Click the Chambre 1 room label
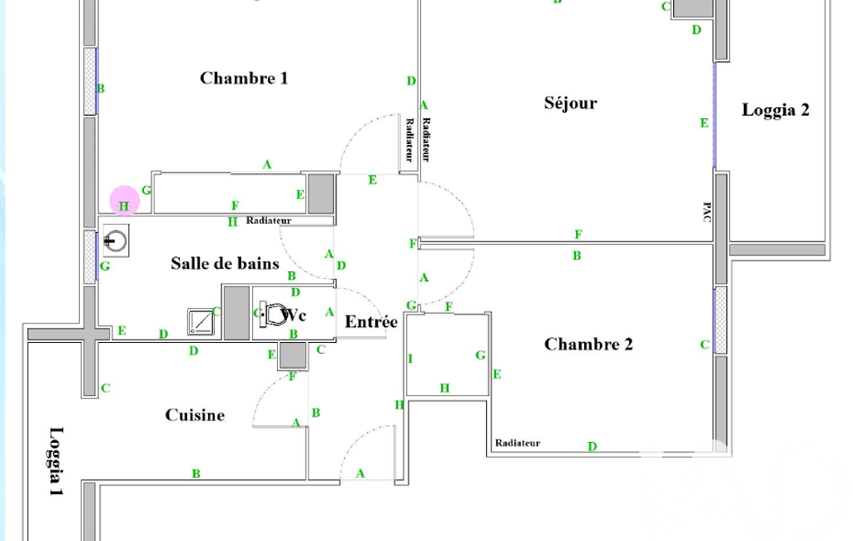point(244,78)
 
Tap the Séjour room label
point(571,103)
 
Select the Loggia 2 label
point(776,110)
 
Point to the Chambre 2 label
point(588,344)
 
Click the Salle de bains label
point(225,263)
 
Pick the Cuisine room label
point(195,414)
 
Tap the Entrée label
point(371,321)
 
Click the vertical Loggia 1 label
point(56,462)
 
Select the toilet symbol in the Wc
point(274,315)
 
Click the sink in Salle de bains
point(115,242)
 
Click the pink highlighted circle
point(124,201)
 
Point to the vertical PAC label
point(707,211)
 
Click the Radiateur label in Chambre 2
point(518,443)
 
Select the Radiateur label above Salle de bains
point(269,221)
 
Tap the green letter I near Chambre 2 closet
point(410,359)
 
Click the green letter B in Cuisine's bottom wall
point(196,474)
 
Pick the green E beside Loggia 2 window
point(704,123)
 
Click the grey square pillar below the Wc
point(292,355)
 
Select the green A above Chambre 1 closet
point(267,165)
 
